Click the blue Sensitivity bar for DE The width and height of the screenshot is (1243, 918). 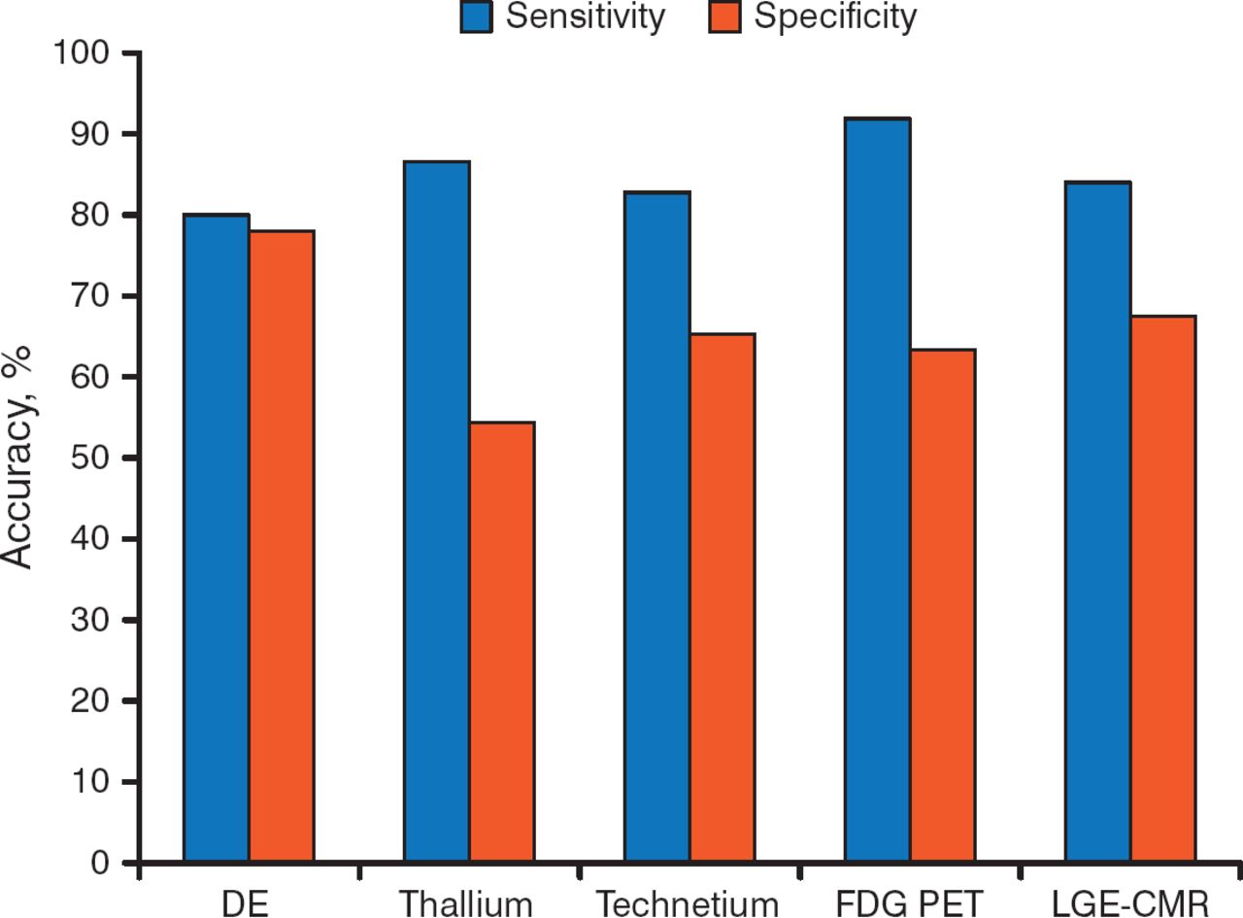click(217, 538)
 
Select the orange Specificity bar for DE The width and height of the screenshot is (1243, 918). click(282, 546)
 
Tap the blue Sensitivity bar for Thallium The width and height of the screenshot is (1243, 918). click(437, 512)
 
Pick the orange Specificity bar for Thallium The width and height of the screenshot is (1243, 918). click(502, 642)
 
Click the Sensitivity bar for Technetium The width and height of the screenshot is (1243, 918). click(657, 527)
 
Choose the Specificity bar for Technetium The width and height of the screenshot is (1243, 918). click(722, 598)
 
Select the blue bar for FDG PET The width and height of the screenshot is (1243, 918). click(878, 491)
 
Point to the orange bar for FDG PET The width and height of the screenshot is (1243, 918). click(943, 606)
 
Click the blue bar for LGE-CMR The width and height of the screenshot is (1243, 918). click(1098, 522)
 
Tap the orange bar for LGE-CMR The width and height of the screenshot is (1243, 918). click(1163, 589)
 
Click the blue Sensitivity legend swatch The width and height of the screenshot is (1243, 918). click(478, 17)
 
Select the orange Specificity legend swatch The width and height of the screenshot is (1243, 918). click(723, 17)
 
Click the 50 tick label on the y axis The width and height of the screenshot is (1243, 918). click(94, 458)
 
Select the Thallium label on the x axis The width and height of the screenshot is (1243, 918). click(468, 904)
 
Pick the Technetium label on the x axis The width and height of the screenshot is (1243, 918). click(689, 904)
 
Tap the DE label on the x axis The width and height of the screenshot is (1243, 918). click(247, 904)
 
